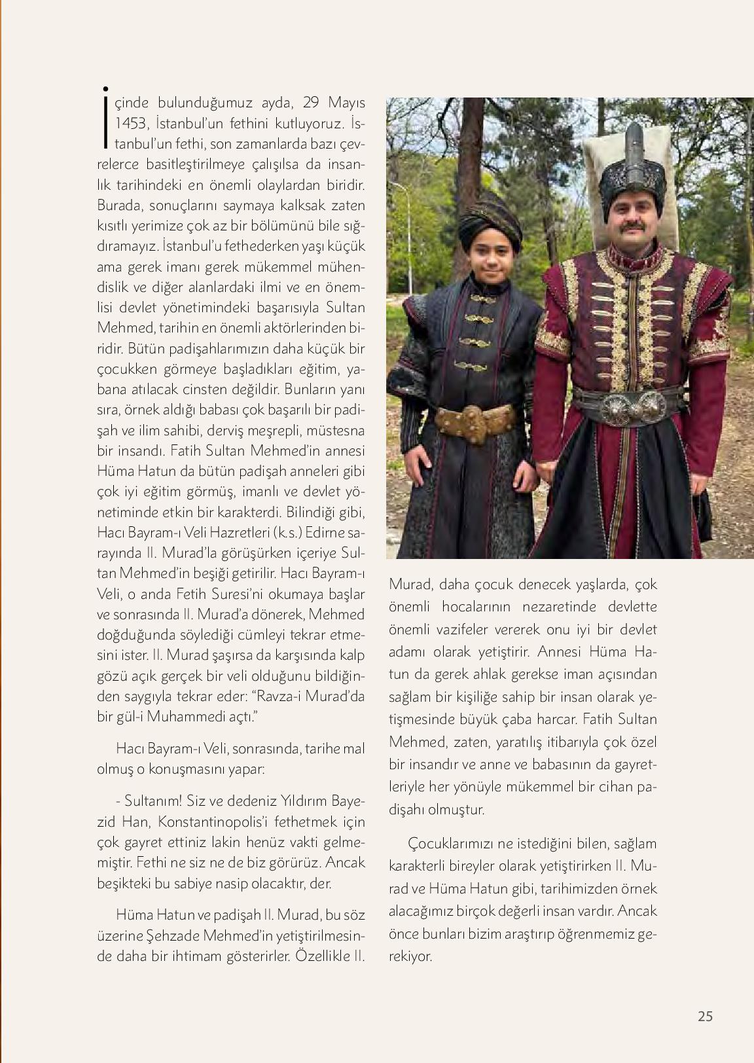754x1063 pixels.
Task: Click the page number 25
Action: point(704,1017)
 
